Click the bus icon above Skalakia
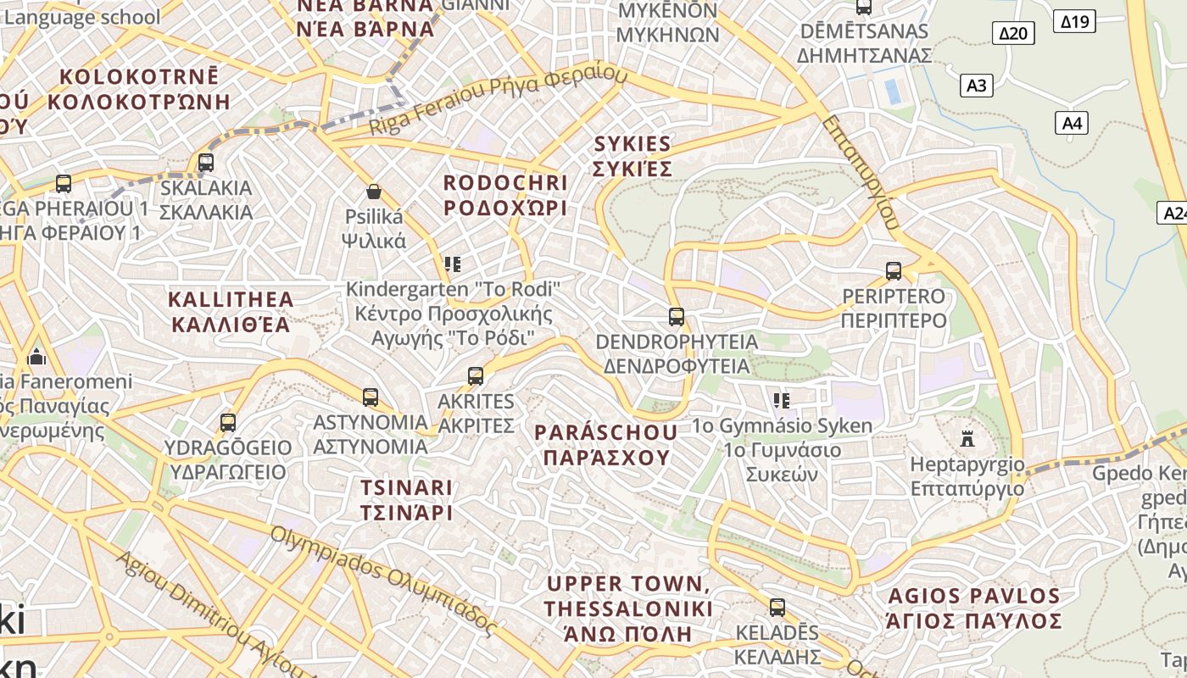[x=205, y=162]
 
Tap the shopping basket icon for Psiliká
[x=373, y=192]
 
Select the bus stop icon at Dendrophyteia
[x=676, y=317]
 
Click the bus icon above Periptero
[x=893, y=271]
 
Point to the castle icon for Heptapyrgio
[x=967, y=438]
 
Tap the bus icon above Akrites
[x=476, y=375]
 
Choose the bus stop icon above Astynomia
[x=370, y=397]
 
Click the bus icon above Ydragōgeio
[x=227, y=422]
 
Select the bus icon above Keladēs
[x=777, y=608]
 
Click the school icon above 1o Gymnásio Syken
[x=781, y=400]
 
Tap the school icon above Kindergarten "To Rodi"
[x=453, y=264]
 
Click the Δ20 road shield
[x=1013, y=33]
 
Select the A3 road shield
[x=977, y=85]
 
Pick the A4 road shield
[x=1072, y=123]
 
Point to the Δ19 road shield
[x=1075, y=21]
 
